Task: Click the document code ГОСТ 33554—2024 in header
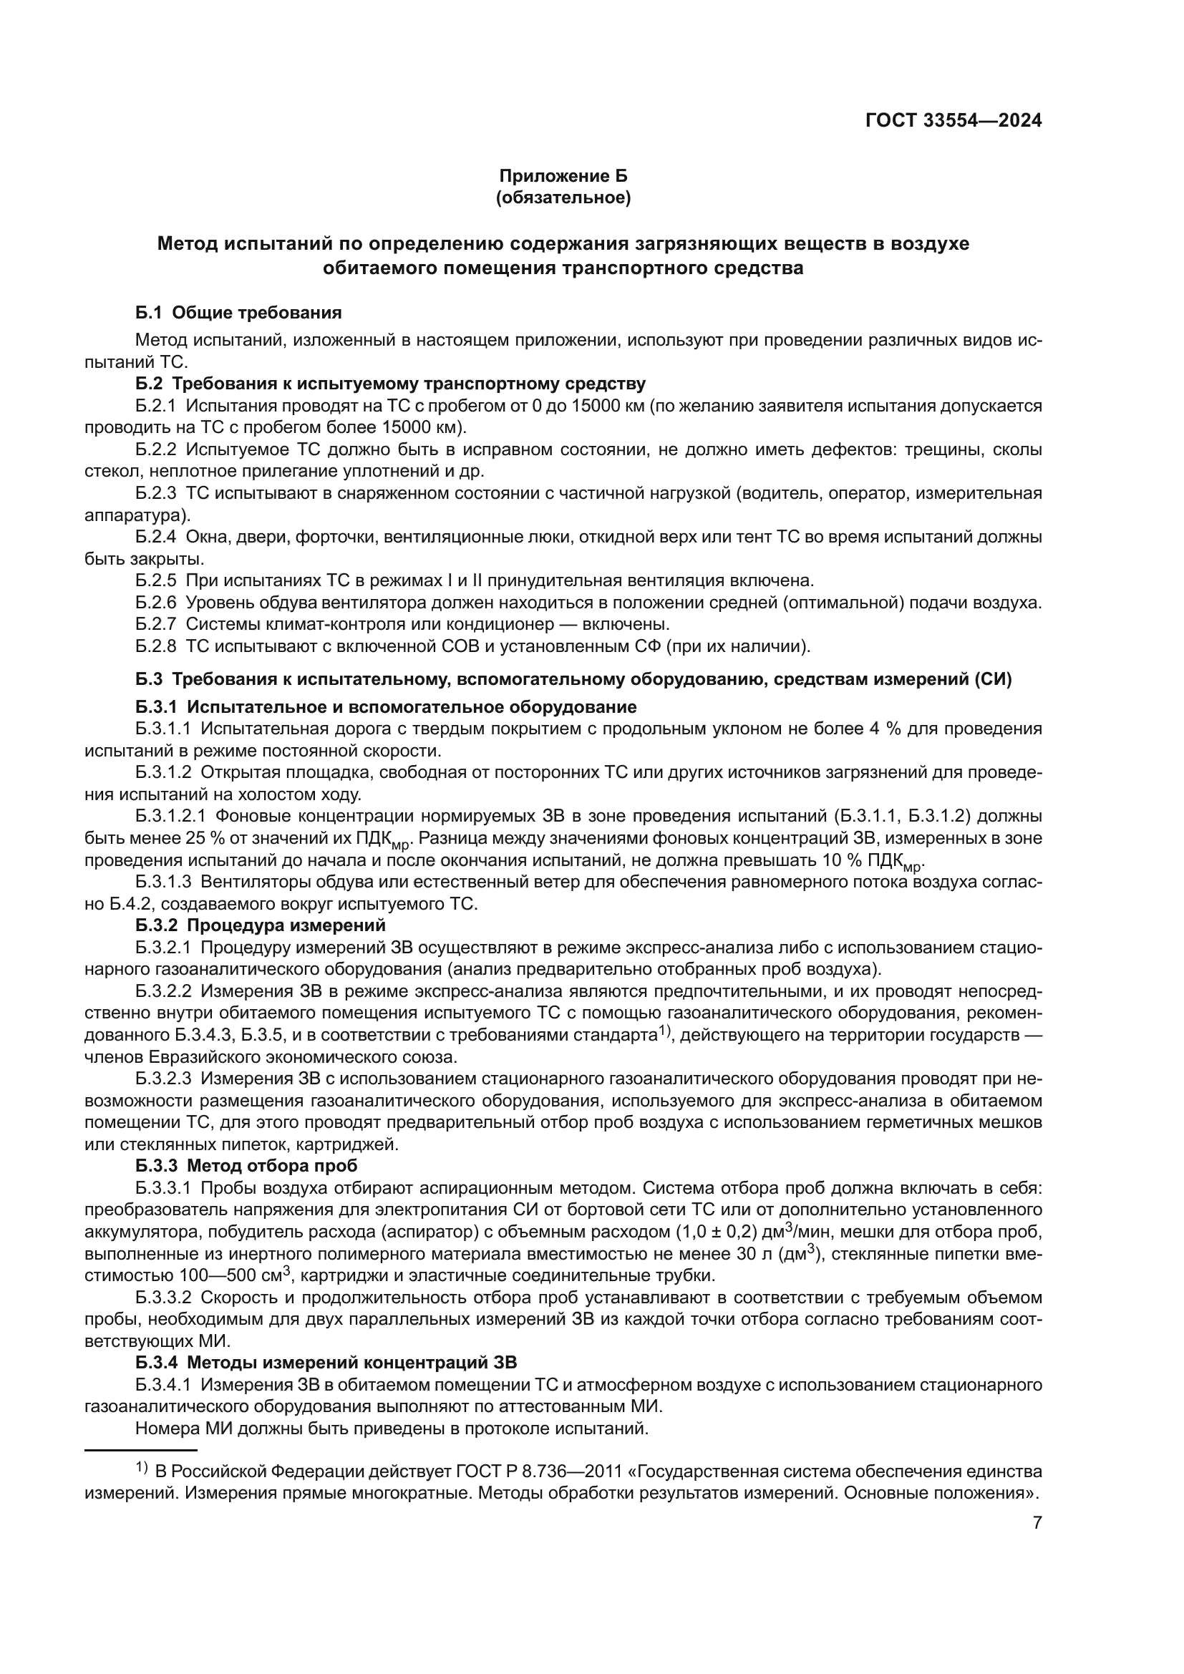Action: click(953, 120)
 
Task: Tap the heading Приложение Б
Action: click(563, 177)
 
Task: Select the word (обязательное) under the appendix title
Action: click(563, 198)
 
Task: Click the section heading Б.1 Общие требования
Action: click(238, 313)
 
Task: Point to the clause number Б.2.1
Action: click(155, 406)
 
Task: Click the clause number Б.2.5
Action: click(155, 581)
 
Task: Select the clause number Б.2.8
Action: click(155, 646)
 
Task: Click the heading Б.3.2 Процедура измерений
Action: click(261, 926)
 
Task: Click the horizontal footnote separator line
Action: click(141, 1451)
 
